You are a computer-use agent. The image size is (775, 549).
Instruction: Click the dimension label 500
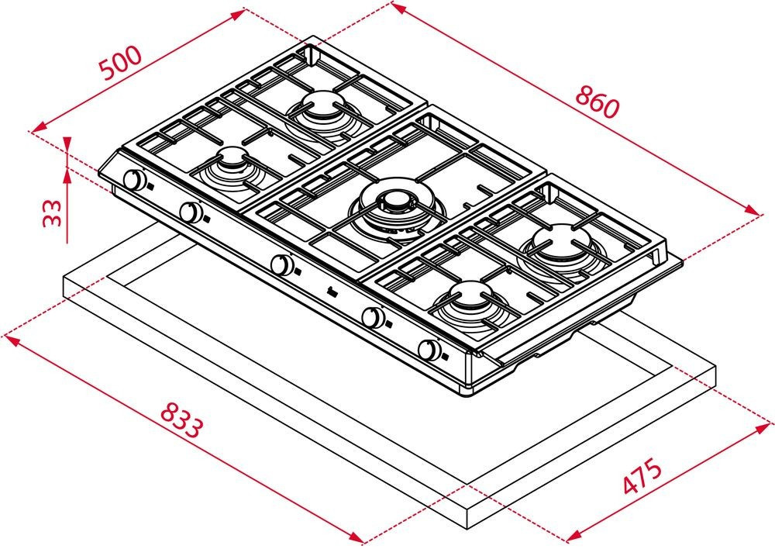pyautogui.click(x=122, y=63)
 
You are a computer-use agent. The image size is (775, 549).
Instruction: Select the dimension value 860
pyautogui.click(x=597, y=102)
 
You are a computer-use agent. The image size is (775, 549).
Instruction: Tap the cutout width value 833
pyautogui.click(x=182, y=420)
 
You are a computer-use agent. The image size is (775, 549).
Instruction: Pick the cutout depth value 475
pyautogui.click(x=642, y=476)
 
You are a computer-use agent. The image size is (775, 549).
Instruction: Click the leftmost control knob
pyautogui.click(x=133, y=180)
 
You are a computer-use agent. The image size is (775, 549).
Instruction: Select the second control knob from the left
pyautogui.click(x=189, y=212)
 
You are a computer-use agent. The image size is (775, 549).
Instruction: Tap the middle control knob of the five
pyautogui.click(x=281, y=264)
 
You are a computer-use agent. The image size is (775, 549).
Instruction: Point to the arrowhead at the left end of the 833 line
pyautogui.click(x=11, y=340)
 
